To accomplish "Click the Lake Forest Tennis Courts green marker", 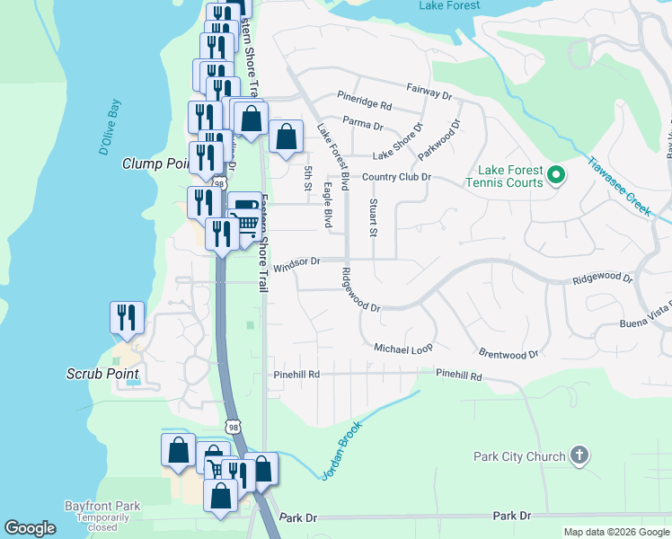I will (x=556, y=174).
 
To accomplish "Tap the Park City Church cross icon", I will (x=579, y=455).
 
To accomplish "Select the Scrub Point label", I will (x=103, y=374).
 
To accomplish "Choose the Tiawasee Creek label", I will (x=619, y=184).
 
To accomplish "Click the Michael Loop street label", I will (x=403, y=348).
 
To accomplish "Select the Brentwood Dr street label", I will (x=508, y=355).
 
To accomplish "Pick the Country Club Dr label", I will (x=396, y=177).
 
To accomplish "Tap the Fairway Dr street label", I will (x=428, y=91).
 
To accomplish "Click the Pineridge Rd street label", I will (x=365, y=104).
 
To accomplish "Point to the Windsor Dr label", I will (x=297, y=262).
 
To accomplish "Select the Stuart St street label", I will (x=372, y=217).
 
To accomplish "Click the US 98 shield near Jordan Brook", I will (x=233, y=427).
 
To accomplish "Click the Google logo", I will (x=31, y=528).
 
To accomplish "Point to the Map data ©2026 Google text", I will (x=615, y=532).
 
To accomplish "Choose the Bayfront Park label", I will (x=102, y=507).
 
